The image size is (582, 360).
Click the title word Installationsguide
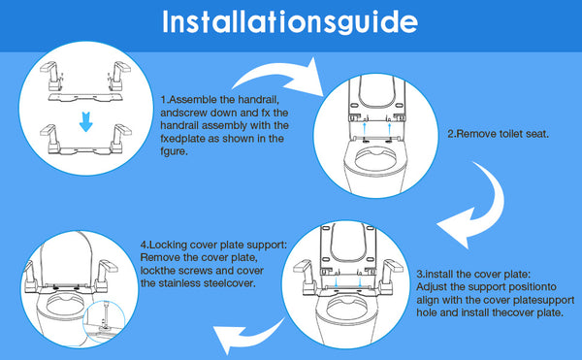(290, 22)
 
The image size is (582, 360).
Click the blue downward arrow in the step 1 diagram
(86, 121)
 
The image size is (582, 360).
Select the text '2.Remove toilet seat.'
(498, 134)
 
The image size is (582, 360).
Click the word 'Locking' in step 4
(168, 245)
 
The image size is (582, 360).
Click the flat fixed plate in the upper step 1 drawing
(85, 97)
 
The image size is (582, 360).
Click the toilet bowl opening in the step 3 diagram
(346, 307)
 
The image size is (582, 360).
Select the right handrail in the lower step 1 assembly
(120, 138)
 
